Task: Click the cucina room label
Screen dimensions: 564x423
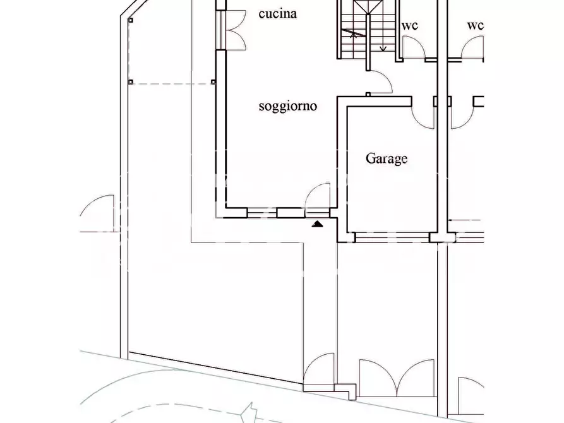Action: (278, 14)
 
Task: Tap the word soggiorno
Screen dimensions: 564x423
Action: (288, 106)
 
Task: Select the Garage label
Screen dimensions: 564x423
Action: (387, 158)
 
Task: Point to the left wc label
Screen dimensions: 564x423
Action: (410, 25)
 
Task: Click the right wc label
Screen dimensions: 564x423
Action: (475, 25)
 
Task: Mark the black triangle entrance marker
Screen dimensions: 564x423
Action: (317, 225)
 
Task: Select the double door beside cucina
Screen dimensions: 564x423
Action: (236, 30)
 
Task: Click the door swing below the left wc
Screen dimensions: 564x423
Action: (413, 47)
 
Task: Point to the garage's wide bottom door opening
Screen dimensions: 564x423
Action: (392, 237)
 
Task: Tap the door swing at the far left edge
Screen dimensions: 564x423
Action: (97, 213)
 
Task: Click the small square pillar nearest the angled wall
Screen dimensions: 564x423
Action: (131, 20)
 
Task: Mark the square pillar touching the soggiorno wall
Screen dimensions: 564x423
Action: (213, 81)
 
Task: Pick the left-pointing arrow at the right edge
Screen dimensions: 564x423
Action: (464, 220)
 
